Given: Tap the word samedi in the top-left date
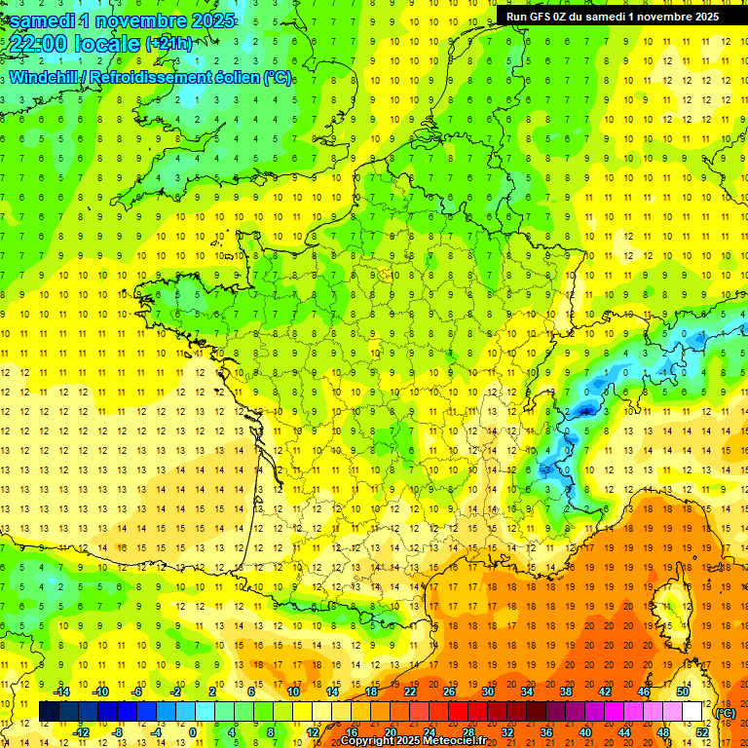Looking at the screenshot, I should click(x=42, y=19).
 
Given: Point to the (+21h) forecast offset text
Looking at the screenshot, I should click(x=168, y=44).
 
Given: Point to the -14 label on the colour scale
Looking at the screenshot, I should click(x=62, y=692).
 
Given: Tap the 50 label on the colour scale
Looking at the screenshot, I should click(x=682, y=692).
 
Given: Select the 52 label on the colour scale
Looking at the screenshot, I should click(x=702, y=732).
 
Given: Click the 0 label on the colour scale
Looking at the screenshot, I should click(x=193, y=732).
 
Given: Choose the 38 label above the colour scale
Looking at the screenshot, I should click(x=565, y=692).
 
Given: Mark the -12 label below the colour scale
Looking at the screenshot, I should click(x=82, y=732).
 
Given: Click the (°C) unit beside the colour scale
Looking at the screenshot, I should click(x=725, y=713).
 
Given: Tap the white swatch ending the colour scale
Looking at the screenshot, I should click(x=692, y=712).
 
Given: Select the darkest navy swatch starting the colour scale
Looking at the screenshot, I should click(x=49, y=712).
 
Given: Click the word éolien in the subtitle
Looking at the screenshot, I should click(x=259, y=78).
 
